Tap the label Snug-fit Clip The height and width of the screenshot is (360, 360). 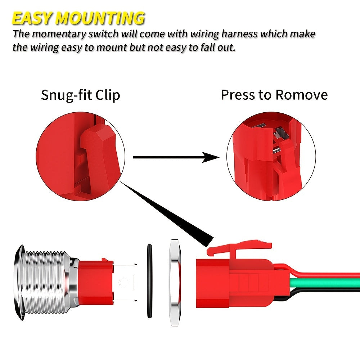tap(80, 95)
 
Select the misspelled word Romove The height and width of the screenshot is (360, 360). tap(301, 95)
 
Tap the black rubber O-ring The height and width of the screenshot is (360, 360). tap(149, 281)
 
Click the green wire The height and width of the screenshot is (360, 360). tap(324, 283)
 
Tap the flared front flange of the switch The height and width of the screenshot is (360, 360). tap(19, 283)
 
